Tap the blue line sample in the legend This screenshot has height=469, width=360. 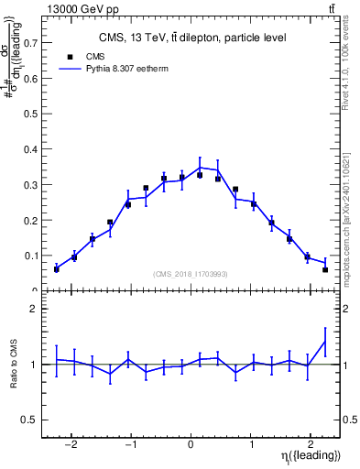click(71, 69)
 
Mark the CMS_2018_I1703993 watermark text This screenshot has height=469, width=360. click(191, 274)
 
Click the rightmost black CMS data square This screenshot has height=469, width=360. click(325, 269)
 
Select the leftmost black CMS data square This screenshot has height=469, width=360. click(57, 269)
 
